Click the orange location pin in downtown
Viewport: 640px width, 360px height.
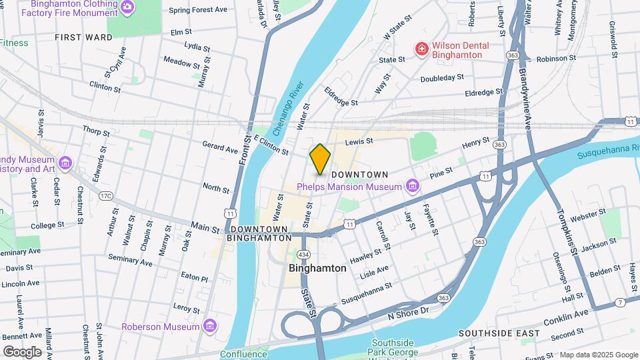(x=320, y=159)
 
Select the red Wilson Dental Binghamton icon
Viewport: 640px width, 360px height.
(x=421, y=50)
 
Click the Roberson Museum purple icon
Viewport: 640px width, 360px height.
(x=210, y=326)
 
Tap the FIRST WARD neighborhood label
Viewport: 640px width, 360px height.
(x=84, y=37)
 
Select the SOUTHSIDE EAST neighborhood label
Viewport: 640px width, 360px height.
(x=499, y=332)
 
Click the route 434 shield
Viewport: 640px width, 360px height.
(x=303, y=255)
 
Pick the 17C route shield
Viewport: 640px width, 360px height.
(x=105, y=196)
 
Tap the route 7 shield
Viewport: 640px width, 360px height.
(x=621, y=302)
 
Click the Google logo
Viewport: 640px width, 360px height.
(x=22, y=351)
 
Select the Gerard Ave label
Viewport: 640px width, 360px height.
(x=220, y=147)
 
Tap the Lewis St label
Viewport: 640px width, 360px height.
(x=357, y=142)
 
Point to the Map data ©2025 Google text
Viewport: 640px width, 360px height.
(x=598, y=355)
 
